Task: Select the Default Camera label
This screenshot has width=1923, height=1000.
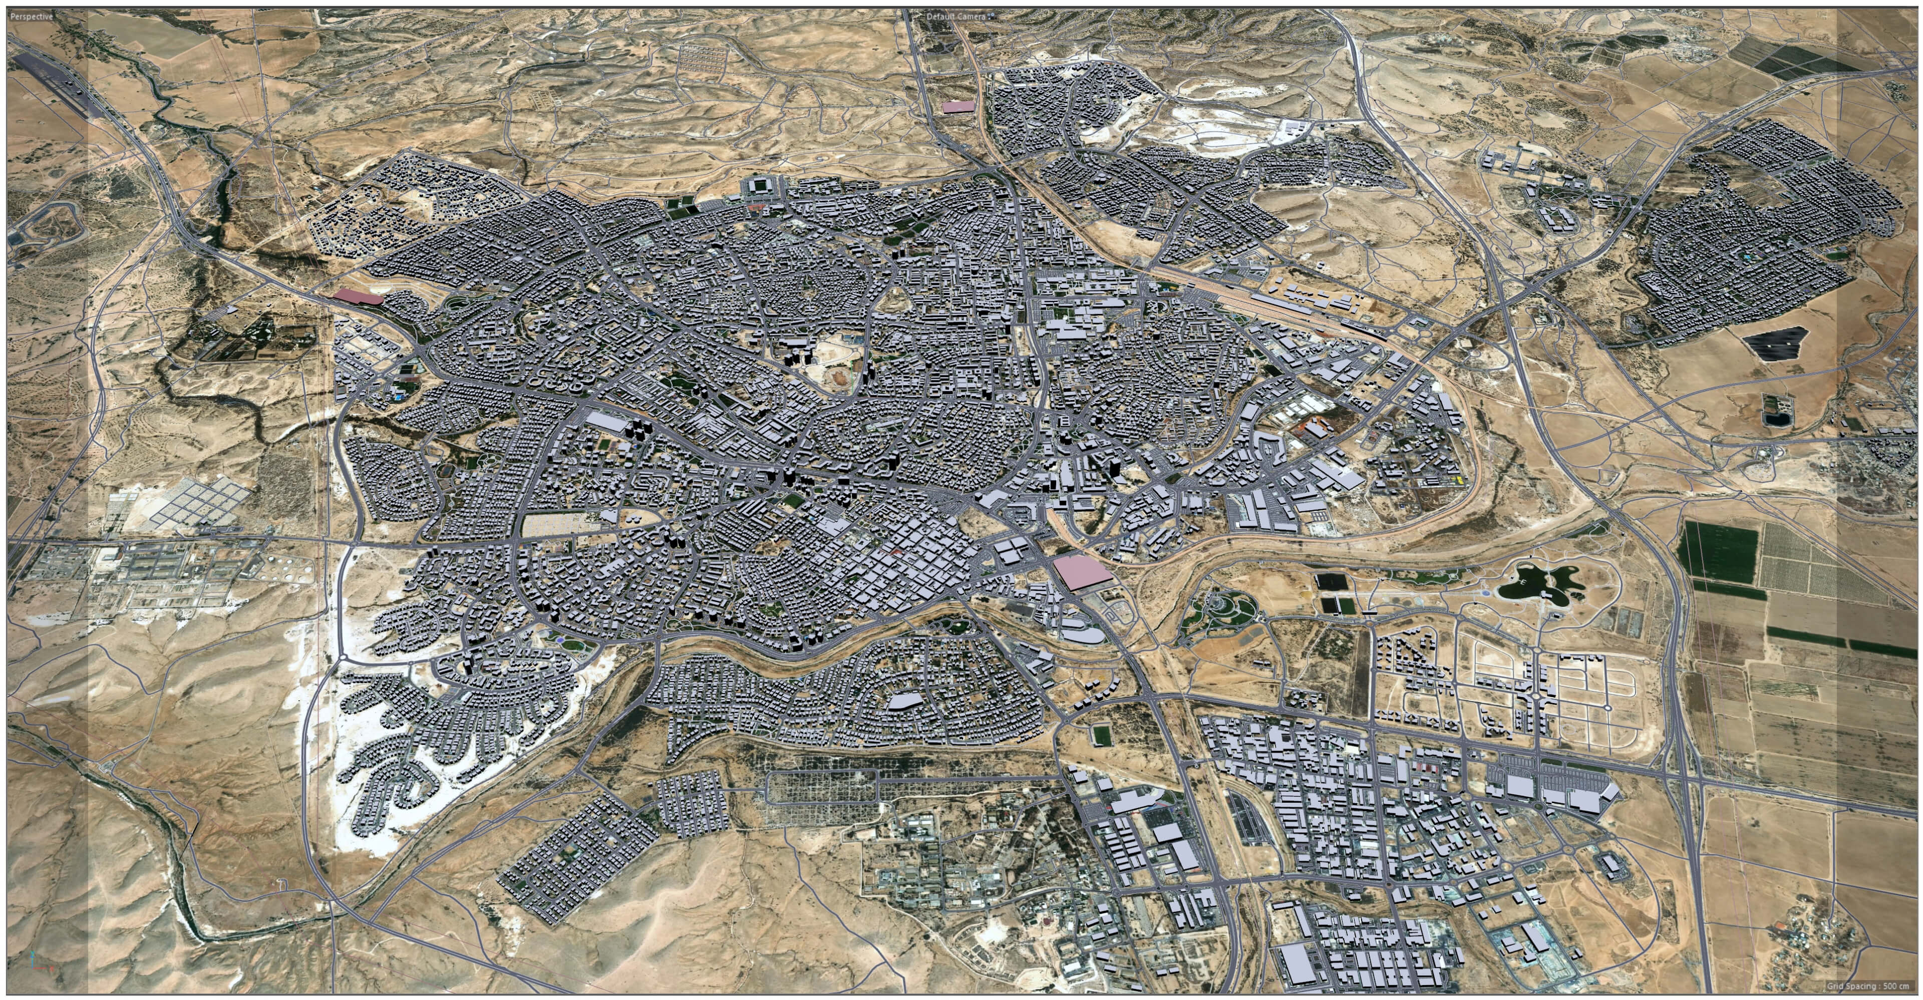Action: [955, 16]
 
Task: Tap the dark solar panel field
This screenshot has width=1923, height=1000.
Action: [1773, 344]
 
